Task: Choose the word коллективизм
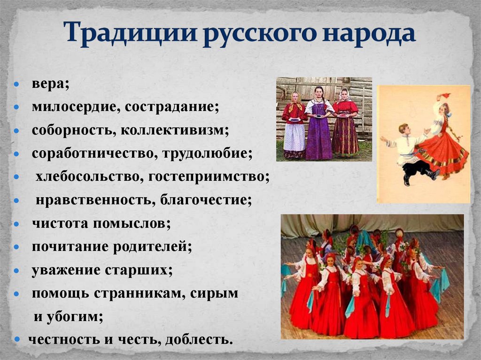coord(175,130)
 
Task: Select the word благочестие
coord(206,200)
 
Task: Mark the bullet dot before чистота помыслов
coord(17,224)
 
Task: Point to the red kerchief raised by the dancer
coord(444,95)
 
